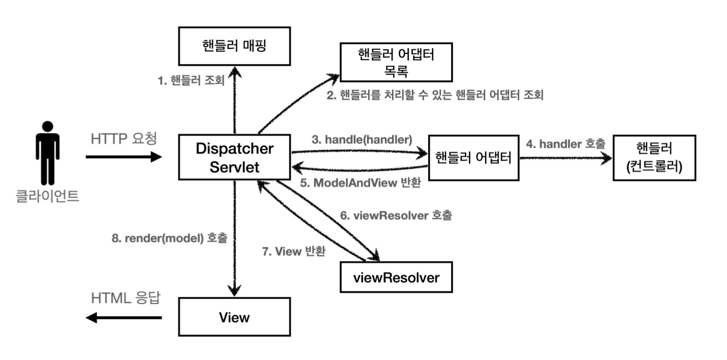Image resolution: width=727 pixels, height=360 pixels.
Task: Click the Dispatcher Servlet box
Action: (234, 157)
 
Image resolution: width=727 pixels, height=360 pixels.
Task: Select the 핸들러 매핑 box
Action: (234, 46)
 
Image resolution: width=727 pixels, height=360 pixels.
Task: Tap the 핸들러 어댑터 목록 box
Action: (396, 62)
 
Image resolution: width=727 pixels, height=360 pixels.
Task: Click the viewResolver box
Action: (396, 277)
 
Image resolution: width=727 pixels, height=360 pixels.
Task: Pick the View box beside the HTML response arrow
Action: (234, 317)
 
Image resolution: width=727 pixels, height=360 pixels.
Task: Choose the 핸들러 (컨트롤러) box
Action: (654, 158)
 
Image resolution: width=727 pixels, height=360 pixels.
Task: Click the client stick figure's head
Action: (48, 127)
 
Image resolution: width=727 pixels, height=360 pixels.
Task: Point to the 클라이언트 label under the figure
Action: (47, 196)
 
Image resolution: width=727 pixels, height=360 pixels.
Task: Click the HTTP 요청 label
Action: (124, 139)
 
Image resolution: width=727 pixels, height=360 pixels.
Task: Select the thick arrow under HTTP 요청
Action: (124, 157)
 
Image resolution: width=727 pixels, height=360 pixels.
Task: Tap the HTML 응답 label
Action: (126, 298)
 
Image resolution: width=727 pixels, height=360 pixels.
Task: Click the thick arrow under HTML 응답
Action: (124, 317)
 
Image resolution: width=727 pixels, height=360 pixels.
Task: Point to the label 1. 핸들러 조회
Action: (191, 80)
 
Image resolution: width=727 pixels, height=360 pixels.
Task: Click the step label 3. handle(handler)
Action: (362, 140)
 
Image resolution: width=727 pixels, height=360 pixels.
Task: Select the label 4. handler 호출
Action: (566, 144)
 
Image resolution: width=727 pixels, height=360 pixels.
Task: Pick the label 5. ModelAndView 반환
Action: (360, 183)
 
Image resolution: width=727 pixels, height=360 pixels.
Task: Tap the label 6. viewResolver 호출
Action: (396, 215)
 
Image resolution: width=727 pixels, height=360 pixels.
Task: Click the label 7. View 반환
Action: (294, 251)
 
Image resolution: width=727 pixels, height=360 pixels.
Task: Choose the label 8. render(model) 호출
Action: (170, 238)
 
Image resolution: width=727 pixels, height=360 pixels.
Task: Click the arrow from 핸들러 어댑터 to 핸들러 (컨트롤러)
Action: (566, 158)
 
